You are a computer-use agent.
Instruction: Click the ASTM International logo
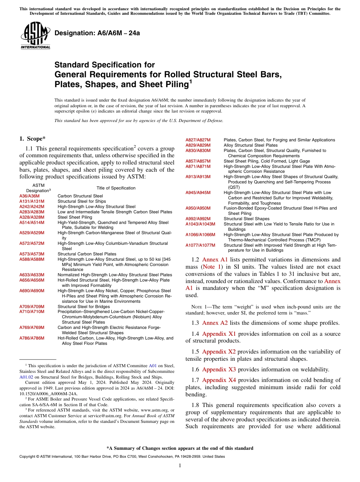pyautogui.click(x=35, y=37)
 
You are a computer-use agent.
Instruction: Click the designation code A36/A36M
pyautogui.click(x=29, y=196)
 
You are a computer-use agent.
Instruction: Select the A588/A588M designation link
pyautogui.click(x=32, y=259)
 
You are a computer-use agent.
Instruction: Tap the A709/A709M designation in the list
pyautogui.click(x=32, y=307)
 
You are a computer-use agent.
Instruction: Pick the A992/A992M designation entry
pyautogui.click(x=198, y=219)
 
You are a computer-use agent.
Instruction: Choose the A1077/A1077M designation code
pyautogui.click(x=200, y=245)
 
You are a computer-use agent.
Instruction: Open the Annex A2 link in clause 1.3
pyautogui.click(x=215, y=323)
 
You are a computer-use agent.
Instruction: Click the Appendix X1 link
pyautogui.click(x=219, y=334)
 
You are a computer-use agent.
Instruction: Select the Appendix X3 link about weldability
pyautogui.click(x=219, y=369)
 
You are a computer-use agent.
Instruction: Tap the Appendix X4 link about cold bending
pyautogui.click(x=219, y=380)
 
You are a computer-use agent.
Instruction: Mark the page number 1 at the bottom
pyautogui.click(x=180, y=466)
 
